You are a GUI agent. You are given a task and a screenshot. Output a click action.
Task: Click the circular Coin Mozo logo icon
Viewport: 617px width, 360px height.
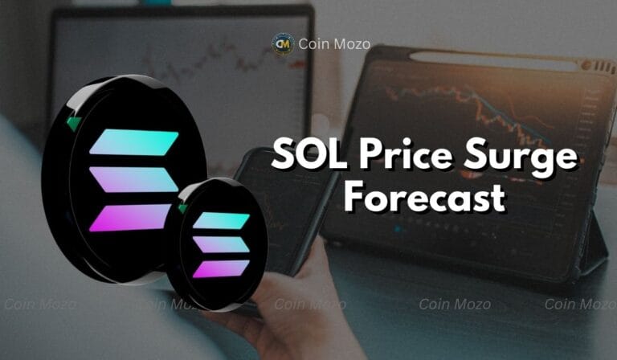(x=282, y=43)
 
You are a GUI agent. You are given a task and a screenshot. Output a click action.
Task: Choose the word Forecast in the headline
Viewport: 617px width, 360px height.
(x=423, y=196)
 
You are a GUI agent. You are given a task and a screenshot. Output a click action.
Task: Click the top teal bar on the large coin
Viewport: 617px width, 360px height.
(x=133, y=142)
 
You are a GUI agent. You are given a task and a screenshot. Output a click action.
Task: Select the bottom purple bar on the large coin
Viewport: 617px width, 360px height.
(x=130, y=217)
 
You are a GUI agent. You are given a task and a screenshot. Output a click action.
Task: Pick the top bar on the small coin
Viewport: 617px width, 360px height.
(x=221, y=220)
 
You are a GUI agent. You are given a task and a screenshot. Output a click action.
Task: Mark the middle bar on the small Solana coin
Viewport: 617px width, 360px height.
(x=221, y=244)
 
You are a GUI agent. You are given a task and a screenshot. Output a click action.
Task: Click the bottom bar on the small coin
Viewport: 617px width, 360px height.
(x=220, y=268)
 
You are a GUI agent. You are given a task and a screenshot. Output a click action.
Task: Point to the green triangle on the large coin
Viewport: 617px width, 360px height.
(x=73, y=123)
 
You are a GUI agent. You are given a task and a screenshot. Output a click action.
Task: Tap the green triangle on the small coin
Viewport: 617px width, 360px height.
(x=183, y=209)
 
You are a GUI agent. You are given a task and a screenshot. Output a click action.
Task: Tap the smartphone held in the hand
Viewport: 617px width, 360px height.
(x=273, y=201)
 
